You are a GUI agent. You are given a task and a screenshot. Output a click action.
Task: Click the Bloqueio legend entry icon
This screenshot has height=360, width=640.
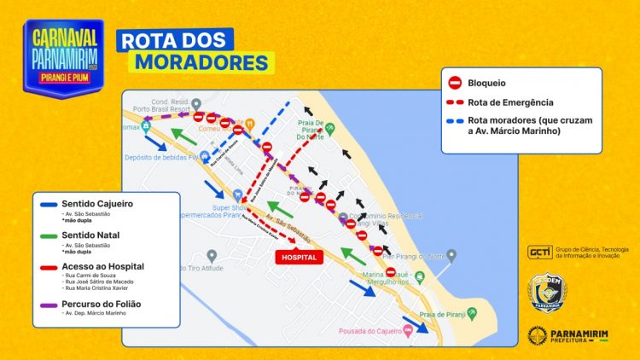pos(456,84)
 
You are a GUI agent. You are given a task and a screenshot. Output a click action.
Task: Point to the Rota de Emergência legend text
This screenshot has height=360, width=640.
pos(511,102)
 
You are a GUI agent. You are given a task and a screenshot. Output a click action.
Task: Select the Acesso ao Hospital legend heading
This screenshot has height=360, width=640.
pos(103,267)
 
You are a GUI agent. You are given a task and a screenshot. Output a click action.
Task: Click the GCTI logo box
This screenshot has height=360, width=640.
pos(539,253)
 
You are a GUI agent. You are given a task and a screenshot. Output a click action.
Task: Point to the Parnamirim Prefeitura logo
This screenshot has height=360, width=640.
pos(567,335)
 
